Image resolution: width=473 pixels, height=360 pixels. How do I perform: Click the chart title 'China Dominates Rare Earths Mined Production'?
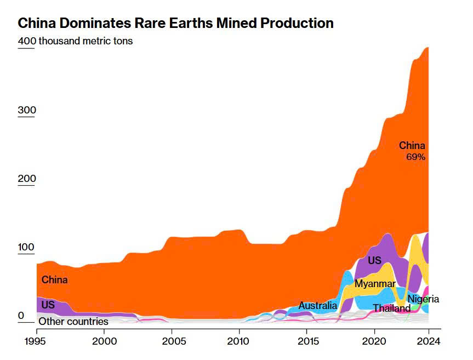tap(175, 24)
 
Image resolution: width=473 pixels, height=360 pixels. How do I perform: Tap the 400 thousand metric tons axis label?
tap(75, 41)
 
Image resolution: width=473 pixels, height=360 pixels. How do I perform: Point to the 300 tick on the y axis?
tap(27, 110)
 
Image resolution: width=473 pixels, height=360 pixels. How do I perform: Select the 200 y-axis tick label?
tap(27, 179)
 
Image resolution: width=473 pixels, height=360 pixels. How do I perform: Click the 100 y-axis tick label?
tap(27, 247)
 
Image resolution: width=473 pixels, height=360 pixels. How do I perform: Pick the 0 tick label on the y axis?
tap(21, 316)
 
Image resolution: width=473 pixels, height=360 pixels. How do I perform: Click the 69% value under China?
tap(415, 157)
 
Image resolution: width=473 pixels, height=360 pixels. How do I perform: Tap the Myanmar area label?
tap(375, 284)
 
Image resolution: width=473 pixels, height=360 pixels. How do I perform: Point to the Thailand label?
tap(391, 308)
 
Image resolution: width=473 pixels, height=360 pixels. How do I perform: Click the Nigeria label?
tap(423, 299)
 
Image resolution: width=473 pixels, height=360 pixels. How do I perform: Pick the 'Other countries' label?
tap(73, 322)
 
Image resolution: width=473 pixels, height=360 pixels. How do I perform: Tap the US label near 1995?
tap(48, 305)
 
